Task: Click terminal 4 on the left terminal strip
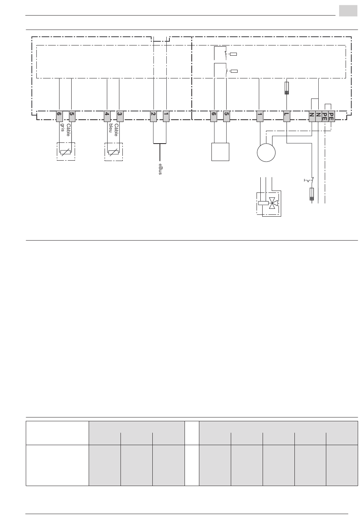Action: coord(108,116)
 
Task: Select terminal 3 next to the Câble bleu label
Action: coord(120,116)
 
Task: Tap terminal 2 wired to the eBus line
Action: coord(153,116)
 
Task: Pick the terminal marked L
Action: coord(287,116)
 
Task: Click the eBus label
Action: coord(160,169)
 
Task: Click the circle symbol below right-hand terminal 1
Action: coord(266,152)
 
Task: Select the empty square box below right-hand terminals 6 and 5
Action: coord(220,152)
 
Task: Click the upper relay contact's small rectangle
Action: coord(234,54)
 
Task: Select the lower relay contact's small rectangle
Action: coord(234,71)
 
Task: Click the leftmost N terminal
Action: coord(311,116)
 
